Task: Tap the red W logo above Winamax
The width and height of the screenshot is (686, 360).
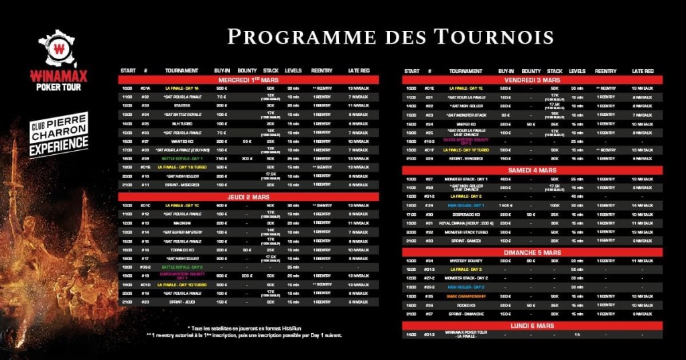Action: pyautogui.click(x=60, y=48)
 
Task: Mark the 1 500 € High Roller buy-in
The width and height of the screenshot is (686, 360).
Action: pyautogui.click(x=505, y=205)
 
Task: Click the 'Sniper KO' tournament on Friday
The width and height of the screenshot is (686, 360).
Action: pyautogui.click(x=466, y=124)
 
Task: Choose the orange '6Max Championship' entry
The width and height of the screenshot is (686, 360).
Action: pyautogui.click(x=466, y=296)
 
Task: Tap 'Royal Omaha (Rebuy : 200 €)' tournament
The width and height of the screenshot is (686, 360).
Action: pyautogui.click(x=466, y=223)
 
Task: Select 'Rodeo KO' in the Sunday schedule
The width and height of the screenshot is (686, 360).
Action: pyautogui.click(x=466, y=304)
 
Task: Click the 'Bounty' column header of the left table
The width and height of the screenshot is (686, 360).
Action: pyautogui.click(x=247, y=70)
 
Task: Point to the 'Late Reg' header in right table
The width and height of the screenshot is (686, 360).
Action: pyautogui.click(x=642, y=70)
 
